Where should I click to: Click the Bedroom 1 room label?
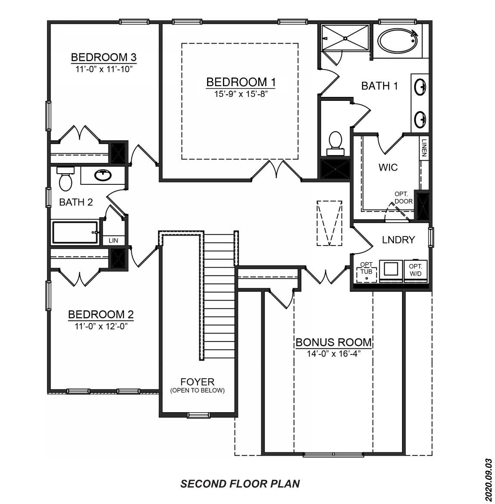pyautogui.click(x=241, y=82)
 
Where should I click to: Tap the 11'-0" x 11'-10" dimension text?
pyautogui.click(x=103, y=68)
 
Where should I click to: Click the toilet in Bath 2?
pyautogui.click(x=65, y=180)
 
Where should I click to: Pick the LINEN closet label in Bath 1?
pyautogui.click(x=424, y=147)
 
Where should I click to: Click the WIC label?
pyautogui.click(x=388, y=167)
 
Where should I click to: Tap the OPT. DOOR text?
pyautogui.click(x=403, y=198)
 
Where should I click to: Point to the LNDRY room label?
pyautogui.click(x=398, y=240)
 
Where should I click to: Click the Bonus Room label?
pyautogui.click(x=333, y=342)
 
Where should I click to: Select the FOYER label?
pyautogui.click(x=197, y=382)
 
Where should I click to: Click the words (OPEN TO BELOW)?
pyautogui.click(x=197, y=391)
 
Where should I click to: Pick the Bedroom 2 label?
pyautogui.click(x=101, y=314)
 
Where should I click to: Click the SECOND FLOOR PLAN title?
pyautogui.click(x=240, y=484)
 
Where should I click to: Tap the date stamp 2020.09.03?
pyautogui.click(x=488, y=479)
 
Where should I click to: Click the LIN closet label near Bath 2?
pyautogui.click(x=113, y=240)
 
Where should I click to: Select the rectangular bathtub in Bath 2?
pyautogui.click(x=75, y=232)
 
